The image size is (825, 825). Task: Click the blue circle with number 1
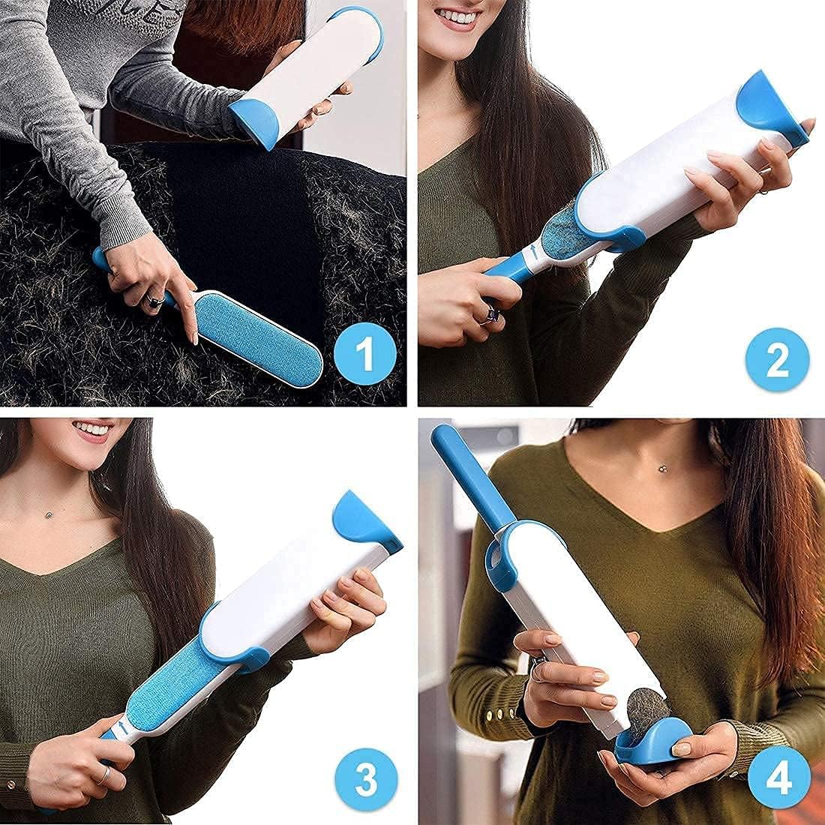click(364, 354)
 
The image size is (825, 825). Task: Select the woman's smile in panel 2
click(459, 17)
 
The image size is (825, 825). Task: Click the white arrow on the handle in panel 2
click(533, 253)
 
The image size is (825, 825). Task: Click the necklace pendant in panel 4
click(663, 468)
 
